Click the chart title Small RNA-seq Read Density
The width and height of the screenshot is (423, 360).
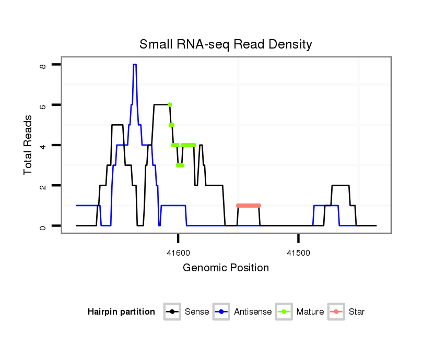click(226, 44)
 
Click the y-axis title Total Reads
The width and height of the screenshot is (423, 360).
click(28, 145)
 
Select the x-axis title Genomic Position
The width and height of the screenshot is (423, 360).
click(226, 268)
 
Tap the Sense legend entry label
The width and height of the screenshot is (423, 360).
click(197, 312)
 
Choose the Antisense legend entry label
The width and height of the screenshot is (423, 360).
click(253, 312)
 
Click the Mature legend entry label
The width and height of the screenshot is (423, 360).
click(310, 312)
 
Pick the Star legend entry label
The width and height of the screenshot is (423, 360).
click(356, 312)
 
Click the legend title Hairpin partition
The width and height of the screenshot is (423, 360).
click(121, 312)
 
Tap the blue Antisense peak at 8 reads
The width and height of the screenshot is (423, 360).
click(135, 65)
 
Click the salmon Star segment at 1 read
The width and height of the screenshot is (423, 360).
click(248, 206)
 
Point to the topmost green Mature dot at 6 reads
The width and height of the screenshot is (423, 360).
click(170, 105)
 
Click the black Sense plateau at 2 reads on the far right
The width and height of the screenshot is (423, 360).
click(340, 185)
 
